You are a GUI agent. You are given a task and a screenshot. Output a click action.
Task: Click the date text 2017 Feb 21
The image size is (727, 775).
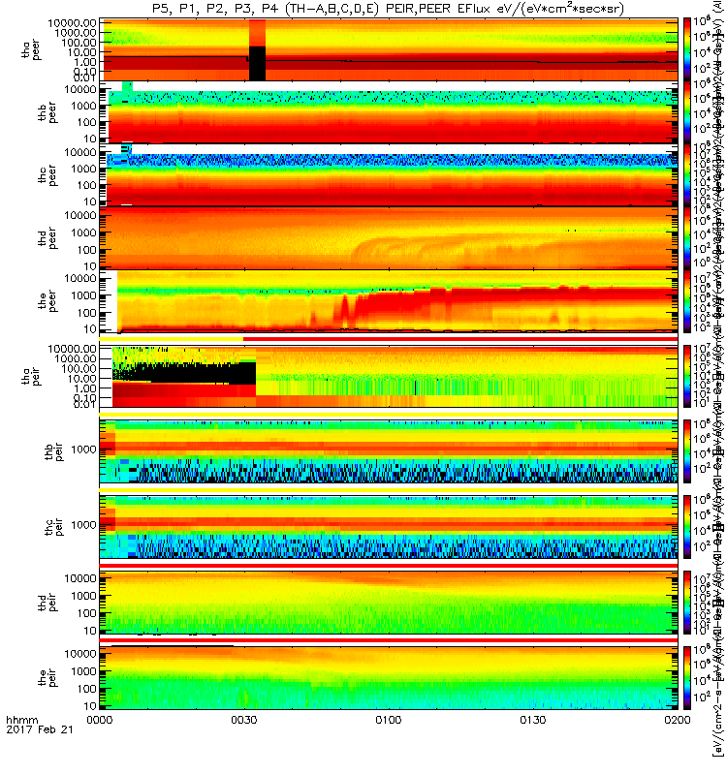coord(34,757)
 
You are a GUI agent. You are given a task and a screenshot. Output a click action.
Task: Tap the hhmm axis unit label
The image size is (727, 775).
coord(20,746)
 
